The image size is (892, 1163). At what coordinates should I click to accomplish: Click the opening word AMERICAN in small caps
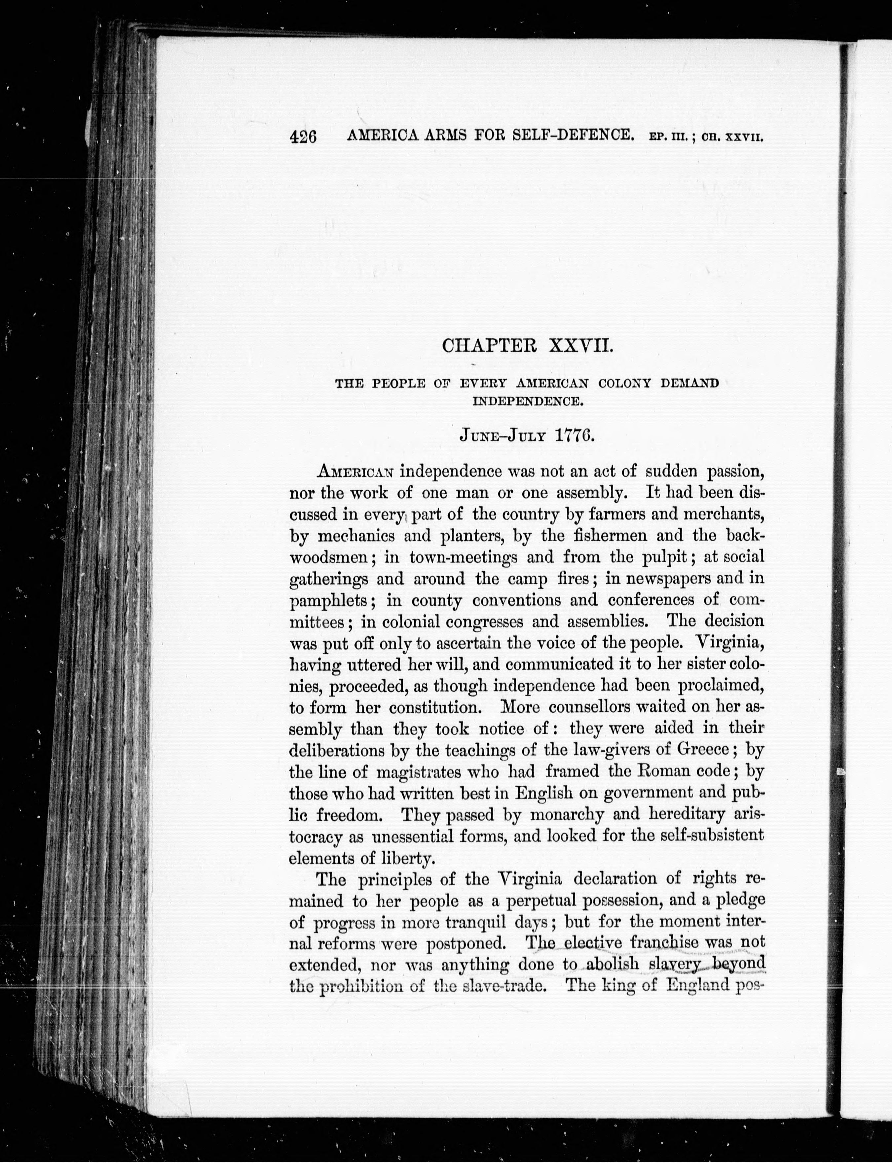click(355, 471)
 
